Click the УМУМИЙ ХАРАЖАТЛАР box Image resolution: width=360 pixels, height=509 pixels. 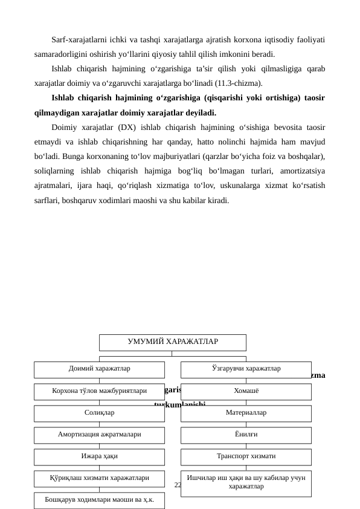click(x=172, y=342)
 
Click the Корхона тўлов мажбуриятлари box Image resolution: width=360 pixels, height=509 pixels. click(x=99, y=392)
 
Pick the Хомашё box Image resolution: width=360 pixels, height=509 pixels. click(x=246, y=392)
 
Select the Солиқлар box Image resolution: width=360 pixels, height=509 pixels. click(x=99, y=413)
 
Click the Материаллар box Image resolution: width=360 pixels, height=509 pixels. click(x=246, y=413)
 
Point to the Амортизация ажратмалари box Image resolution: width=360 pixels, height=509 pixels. click(x=99, y=435)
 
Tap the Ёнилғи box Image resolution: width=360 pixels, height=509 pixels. click(x=246, y=435)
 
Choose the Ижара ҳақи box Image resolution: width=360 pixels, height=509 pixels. click(x=99, y=457)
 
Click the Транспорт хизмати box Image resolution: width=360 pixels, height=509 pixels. click(x=246, y=457)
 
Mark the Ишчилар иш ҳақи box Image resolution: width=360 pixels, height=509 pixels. click(x=246, y=483)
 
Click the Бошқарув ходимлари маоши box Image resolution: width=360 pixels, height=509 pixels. click(x=99, y=501)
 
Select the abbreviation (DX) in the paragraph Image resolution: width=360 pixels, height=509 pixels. click(x=134, y=128)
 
